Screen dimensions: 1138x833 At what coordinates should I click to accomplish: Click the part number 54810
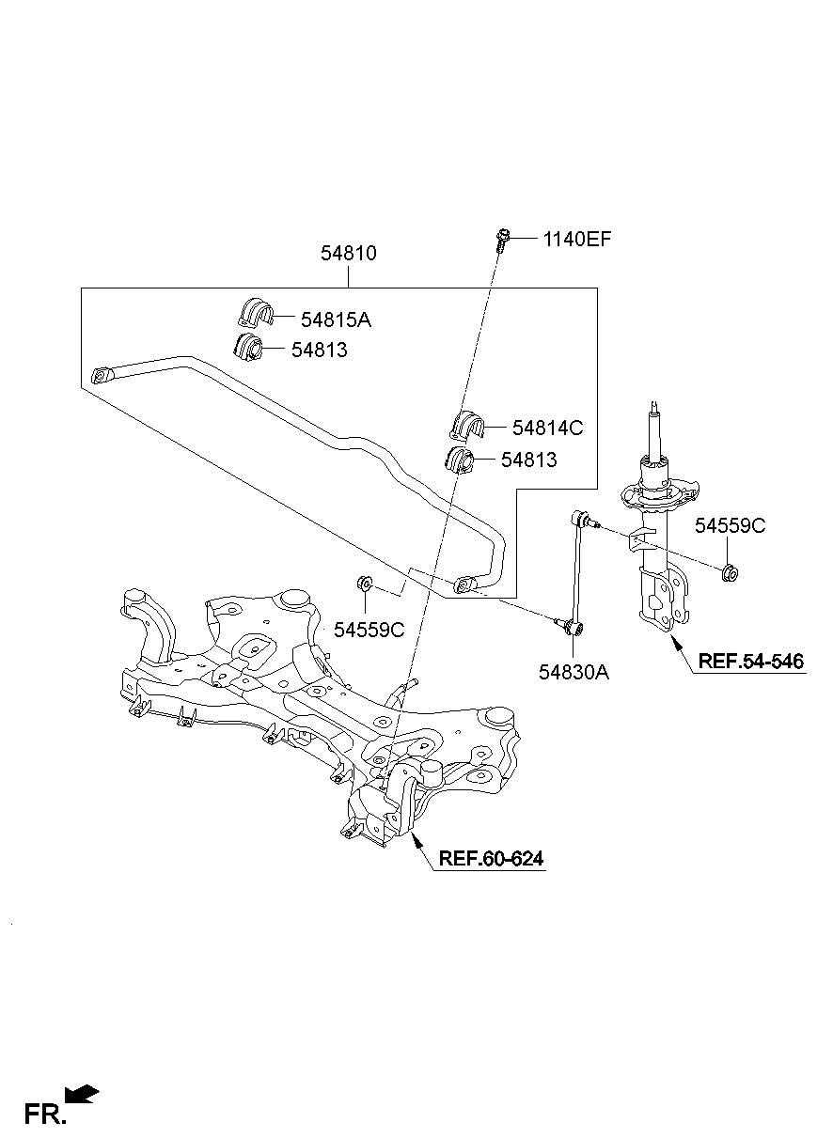(x=349, y=254)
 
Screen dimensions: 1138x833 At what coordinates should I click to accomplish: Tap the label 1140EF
(x=576, y=240)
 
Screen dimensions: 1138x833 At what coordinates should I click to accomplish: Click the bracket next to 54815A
(x=252, y=313)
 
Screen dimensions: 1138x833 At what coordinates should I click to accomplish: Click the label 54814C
(x=547, y=429)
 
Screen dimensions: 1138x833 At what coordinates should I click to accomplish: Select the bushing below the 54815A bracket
(x=247, y=345)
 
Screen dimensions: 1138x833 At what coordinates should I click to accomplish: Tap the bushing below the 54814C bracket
(x=459, y=460)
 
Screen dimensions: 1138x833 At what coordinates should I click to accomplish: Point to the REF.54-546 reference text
(x=750, y=662)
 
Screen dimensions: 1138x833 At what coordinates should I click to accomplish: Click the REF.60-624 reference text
(x=491, y=858)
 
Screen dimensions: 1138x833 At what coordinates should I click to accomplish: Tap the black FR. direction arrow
(x=83, y=1094)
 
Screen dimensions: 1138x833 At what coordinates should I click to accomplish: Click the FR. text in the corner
(x=45, y=1115)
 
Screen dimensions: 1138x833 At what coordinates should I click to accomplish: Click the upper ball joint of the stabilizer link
(x=582, y=517)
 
